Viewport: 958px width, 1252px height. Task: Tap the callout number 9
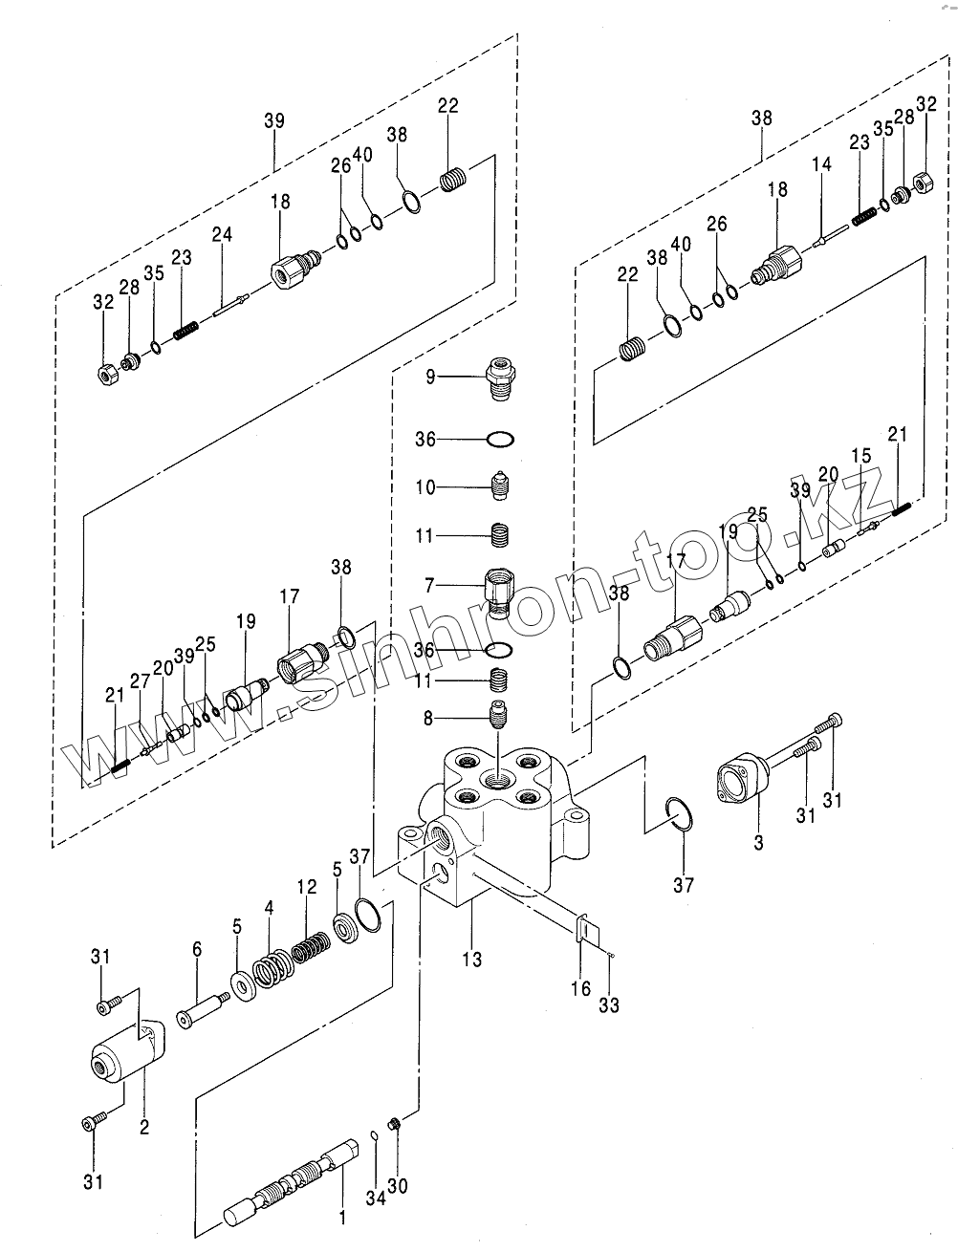(430, 378)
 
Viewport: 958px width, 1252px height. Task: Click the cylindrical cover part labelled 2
(125, 1054)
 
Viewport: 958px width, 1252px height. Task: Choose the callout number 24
(222, 235)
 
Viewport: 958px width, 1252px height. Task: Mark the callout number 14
(822, 165)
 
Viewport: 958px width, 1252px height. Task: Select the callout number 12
(306, 888)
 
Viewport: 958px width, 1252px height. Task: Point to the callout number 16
(581, 989)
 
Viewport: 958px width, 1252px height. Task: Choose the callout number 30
(397, 1185)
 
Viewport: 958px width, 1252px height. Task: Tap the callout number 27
(141, 680)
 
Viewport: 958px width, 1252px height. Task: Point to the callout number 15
(861, 457)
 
